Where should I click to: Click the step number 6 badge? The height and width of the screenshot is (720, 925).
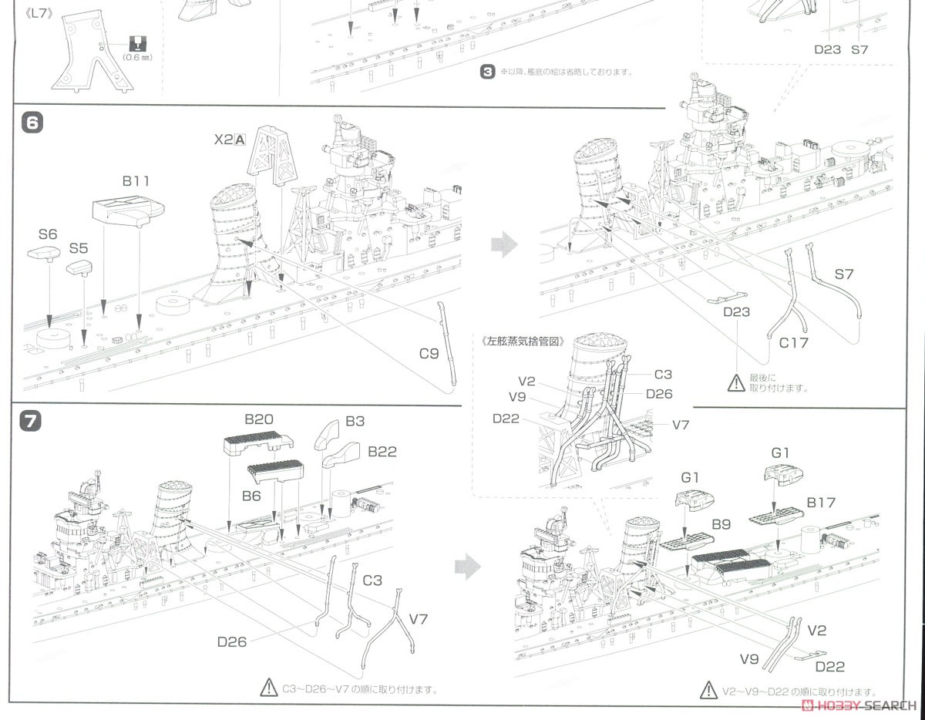click(x=35, y=123)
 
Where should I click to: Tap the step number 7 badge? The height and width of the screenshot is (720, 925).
click(x=35, y=422)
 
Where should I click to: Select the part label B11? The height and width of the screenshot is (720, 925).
click(x=136, y=181)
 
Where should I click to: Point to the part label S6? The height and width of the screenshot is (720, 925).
click(x=48, y=234)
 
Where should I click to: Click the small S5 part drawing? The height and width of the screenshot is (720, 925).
click(x=80, y=267)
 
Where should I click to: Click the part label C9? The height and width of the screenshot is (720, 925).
click(x=429, y=354)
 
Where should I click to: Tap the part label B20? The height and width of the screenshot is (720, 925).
click(x=259, y=420)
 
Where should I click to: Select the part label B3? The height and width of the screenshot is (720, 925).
click(x=355, y=422)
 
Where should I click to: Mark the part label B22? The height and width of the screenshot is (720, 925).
click(x=382, y=452)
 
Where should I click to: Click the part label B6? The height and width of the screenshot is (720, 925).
click(x=251, y=496)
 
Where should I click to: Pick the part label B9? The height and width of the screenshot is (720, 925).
click(x=721, y=524)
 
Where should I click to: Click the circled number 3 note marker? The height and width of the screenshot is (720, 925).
click(x=486, y=72)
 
